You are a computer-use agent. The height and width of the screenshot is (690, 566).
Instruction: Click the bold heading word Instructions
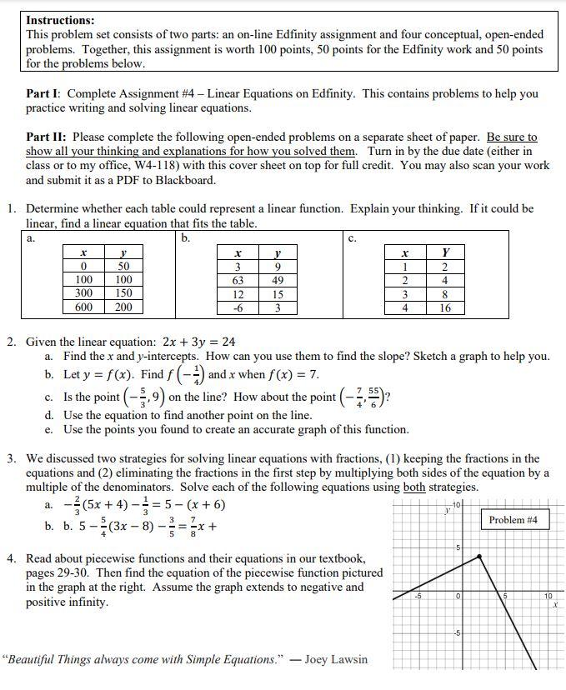click(60, 20)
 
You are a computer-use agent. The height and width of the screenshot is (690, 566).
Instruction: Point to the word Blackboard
click(184, 180)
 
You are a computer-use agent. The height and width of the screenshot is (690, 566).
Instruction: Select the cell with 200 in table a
click(123, 307)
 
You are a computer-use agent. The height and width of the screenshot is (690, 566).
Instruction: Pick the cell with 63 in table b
click(238, 281)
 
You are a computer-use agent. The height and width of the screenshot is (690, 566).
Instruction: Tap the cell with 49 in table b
click(278, 281)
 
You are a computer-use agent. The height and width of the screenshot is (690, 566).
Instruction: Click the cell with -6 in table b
click(238, 307)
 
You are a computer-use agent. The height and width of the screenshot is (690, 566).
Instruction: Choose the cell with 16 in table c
click(445, 307)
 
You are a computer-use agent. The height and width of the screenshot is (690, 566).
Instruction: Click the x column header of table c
click(405, 252)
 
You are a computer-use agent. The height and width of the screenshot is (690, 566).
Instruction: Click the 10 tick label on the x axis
click(548, 596)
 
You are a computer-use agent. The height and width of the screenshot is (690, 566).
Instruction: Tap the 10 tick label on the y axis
click(457, 506)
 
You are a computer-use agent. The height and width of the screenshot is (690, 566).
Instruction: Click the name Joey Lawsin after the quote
click(336, 659)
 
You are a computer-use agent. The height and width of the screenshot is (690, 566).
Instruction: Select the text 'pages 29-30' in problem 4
click(59, 572)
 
